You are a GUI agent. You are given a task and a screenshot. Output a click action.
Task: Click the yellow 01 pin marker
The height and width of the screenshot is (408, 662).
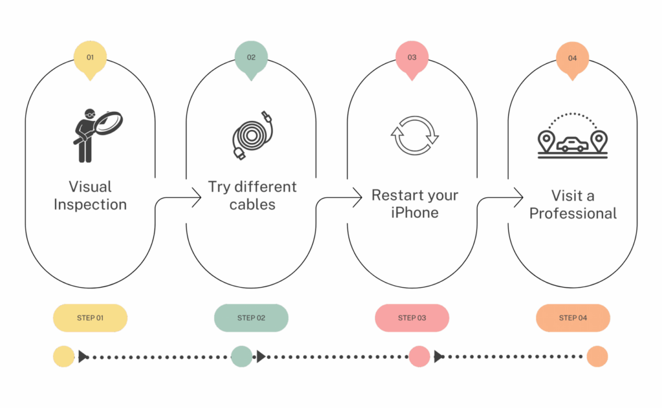pyautogui.click(x=90, y=59)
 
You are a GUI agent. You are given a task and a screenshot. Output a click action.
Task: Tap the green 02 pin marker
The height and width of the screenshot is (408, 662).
pyautogui.click(x=251, y=59)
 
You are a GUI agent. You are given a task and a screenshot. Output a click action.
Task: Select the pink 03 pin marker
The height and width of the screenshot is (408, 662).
pyautogui.click(x=412, y=59)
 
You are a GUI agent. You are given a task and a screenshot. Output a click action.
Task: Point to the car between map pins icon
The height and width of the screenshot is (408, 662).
pyautogui.click(x=573, y=137)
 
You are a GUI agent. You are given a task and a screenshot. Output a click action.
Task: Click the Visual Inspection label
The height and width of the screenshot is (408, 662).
pyautogui.click(x=91, y=196)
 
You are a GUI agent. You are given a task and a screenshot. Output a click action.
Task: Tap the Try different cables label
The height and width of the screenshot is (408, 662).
pyautogui.click(x=252, y=196)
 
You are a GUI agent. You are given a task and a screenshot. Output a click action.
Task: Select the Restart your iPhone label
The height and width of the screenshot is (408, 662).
pyautogui.click(x=415, y=204)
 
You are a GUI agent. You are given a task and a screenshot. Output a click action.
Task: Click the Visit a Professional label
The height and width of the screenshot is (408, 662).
pyautogui.click(x=573, y=204)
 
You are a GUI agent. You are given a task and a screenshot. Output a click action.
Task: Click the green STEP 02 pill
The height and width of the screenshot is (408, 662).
pyautogui.click(x=251, y=317)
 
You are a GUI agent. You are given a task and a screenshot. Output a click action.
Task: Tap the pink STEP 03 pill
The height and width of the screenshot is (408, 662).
pyautogui.click(x=412, y=317)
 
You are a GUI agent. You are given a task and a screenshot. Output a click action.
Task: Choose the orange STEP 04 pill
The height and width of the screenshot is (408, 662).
pyautogui.click(x=573, y=317)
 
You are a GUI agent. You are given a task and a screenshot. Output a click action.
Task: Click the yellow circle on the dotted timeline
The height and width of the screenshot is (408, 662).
pyautogui.click(x=63, y=356)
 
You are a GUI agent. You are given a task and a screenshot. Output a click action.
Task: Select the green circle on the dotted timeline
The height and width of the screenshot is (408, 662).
pyautogui.click(x=241, y=356)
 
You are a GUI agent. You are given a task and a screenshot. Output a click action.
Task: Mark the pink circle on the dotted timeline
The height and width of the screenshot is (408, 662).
pyautogui.click(x=419, y=356)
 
